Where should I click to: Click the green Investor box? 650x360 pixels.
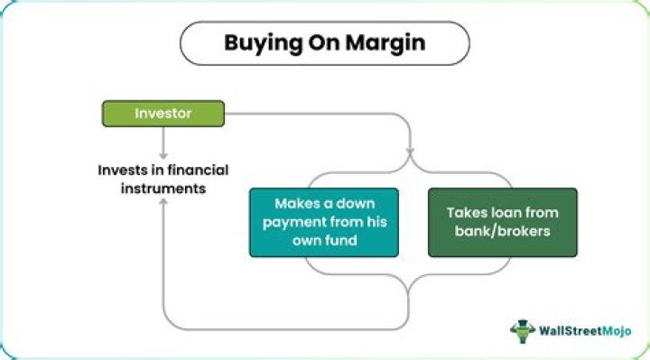click(x=162, y=114)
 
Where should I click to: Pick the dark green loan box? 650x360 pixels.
click(x=502, y=222)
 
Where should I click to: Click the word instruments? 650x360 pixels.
click(x=153, y=189)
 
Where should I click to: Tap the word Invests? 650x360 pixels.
click(x=121, y=170)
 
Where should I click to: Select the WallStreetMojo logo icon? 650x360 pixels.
click(x=523, y=331)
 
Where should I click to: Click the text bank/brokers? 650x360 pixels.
click(x=502, y=232)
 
